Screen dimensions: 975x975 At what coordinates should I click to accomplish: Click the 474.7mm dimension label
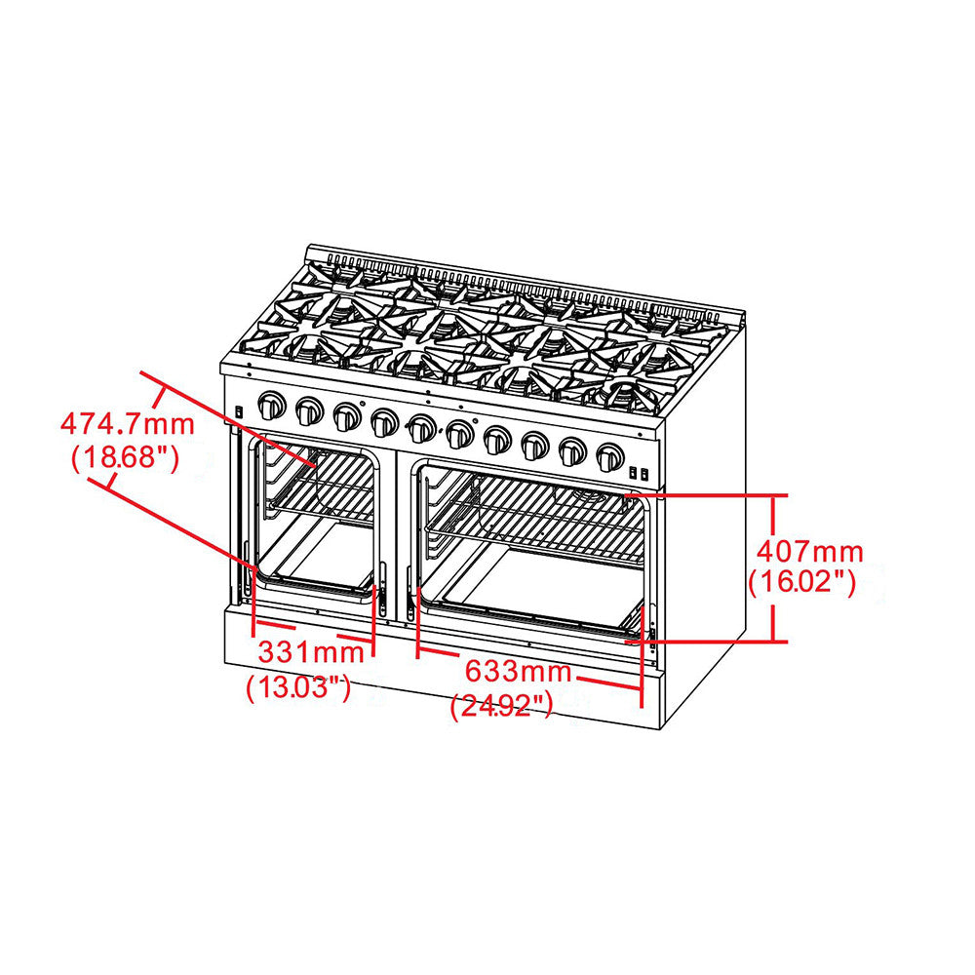click(128, 425)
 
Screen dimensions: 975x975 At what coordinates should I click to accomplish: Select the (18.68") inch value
click(125, 458)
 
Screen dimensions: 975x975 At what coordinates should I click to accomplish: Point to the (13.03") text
click(298, 687)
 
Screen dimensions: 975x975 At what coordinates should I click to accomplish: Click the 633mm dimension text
click(518, 672)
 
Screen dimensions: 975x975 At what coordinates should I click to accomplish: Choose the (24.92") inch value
click(502, 705)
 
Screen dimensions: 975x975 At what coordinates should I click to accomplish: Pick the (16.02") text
click(802, 583)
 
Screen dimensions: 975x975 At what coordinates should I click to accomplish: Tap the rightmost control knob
click(610, 456)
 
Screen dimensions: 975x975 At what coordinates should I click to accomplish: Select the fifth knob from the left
click(422, 428)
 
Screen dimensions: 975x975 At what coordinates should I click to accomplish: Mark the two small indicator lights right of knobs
click(639, 474)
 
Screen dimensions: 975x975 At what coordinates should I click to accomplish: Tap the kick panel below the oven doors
click(439, 673)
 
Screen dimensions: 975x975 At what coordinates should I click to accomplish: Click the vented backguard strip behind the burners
click(526, 279)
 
